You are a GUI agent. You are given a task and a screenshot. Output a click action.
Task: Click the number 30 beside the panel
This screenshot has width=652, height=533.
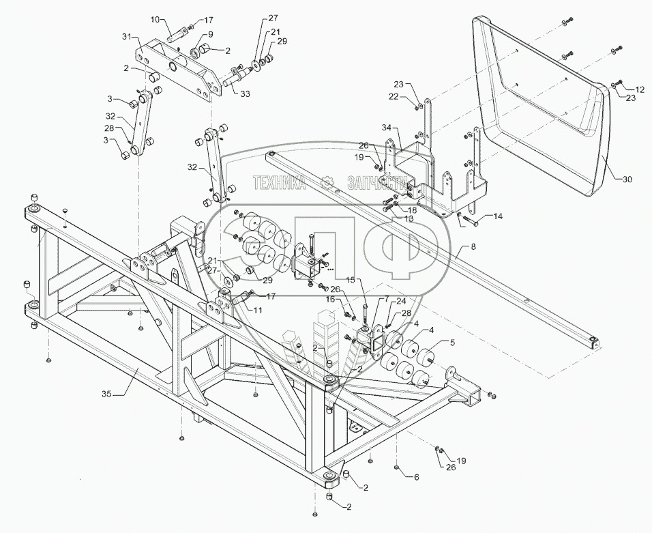pos(627,179)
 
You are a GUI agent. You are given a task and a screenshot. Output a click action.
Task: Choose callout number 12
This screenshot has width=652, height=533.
pos(640,89)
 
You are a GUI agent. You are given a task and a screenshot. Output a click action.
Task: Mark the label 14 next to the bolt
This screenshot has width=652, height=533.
pos(498,216)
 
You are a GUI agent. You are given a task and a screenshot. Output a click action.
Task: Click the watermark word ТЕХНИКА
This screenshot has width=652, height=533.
pos(279,182)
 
